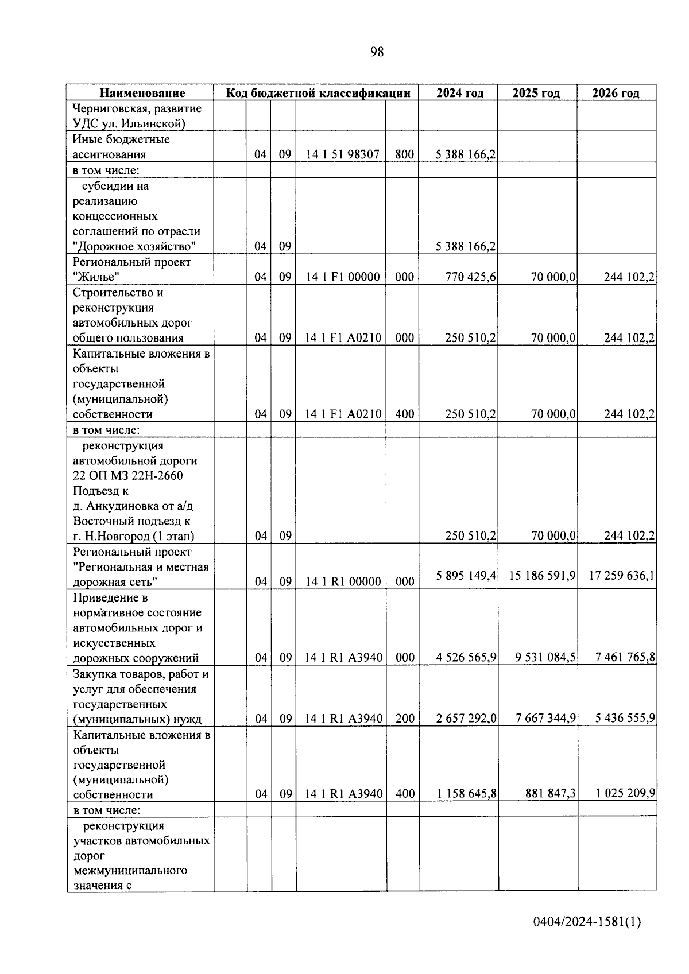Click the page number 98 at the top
point(377,52)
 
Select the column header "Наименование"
point(142,93)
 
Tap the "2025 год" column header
point(536,93)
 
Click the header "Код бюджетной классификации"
point(318,93)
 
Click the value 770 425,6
point(470,277)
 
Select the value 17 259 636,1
point(621,575)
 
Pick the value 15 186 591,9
point(542,575)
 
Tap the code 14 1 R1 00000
point(343,582)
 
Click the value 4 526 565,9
point(466,658)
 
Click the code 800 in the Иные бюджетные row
point(404,154)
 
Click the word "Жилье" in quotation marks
point(96,277)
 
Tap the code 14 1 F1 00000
point(343,277)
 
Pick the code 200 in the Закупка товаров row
point(405,719)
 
